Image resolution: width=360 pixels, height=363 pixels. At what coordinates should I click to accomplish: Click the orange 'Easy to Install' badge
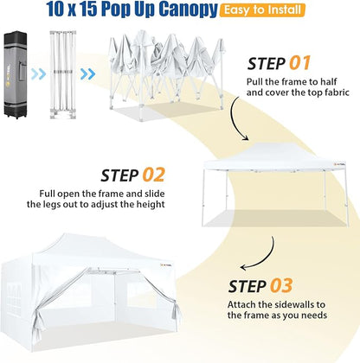262,10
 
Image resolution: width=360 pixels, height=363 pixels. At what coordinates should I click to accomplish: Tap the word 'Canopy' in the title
188,10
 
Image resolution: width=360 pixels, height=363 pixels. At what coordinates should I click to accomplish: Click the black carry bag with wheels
16,74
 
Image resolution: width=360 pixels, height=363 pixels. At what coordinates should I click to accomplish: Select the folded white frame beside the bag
63,74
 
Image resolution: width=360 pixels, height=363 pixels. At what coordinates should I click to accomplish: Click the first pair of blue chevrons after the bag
38,74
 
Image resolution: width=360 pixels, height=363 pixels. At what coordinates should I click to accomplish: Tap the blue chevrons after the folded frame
87,74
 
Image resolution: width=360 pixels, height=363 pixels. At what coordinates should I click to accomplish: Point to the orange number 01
299,63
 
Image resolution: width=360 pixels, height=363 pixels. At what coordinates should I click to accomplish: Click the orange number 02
153,175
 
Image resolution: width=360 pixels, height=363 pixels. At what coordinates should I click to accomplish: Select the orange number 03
281,285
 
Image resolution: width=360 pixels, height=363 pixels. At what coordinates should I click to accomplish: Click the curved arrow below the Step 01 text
237,118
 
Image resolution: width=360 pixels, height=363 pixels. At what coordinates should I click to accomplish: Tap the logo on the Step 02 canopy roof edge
339,164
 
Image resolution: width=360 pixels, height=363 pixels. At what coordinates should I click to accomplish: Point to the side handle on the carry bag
22,73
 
